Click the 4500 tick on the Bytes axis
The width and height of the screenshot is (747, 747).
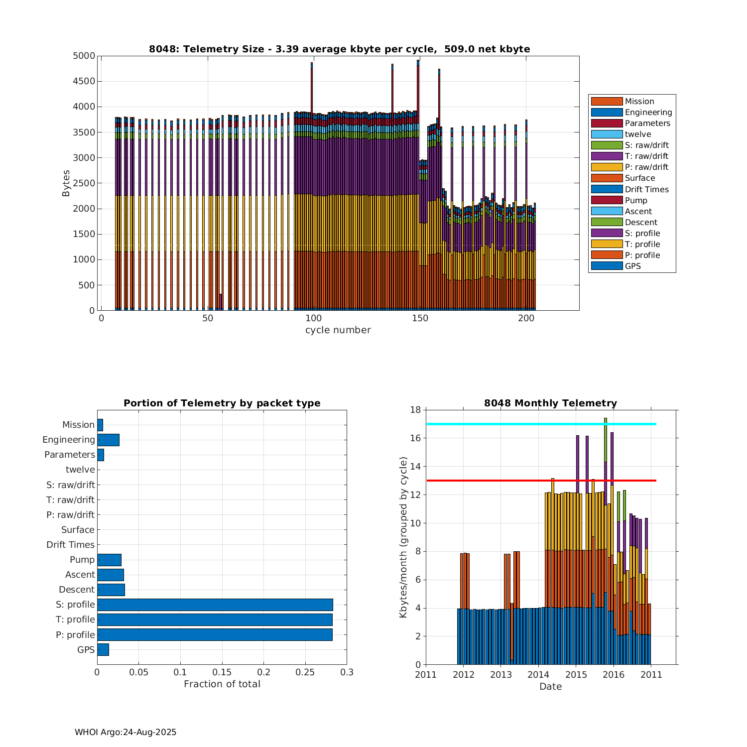pyautogui.click(x=84, y=81)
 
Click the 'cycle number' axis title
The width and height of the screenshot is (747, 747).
pyautogui.click(x=338, y=330)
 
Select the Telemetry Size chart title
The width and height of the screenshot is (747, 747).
pyautogui.click(x=339, y=49)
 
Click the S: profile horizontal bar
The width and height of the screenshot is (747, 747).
pyautogui.click(x=215, y=605)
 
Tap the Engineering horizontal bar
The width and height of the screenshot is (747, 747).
pyautogui.click(x=108, y=440)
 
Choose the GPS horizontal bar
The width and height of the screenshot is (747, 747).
pyautogui.click(x=103, y=649)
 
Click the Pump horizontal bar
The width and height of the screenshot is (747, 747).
pyautogui.click(x=109, y=560)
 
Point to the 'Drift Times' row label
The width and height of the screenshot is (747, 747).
pyautogui.click(x=70, y=545)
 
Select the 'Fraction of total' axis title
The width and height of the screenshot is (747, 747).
pyautogui.click(x=222, y=684)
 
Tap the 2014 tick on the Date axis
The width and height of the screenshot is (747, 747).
pyautogui.click(x=538, y=675)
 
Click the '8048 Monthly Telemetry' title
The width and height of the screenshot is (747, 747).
pyautogui.click(x=550, y=403)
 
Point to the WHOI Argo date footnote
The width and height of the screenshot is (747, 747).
pyautogui.click(x=125, y=732)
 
